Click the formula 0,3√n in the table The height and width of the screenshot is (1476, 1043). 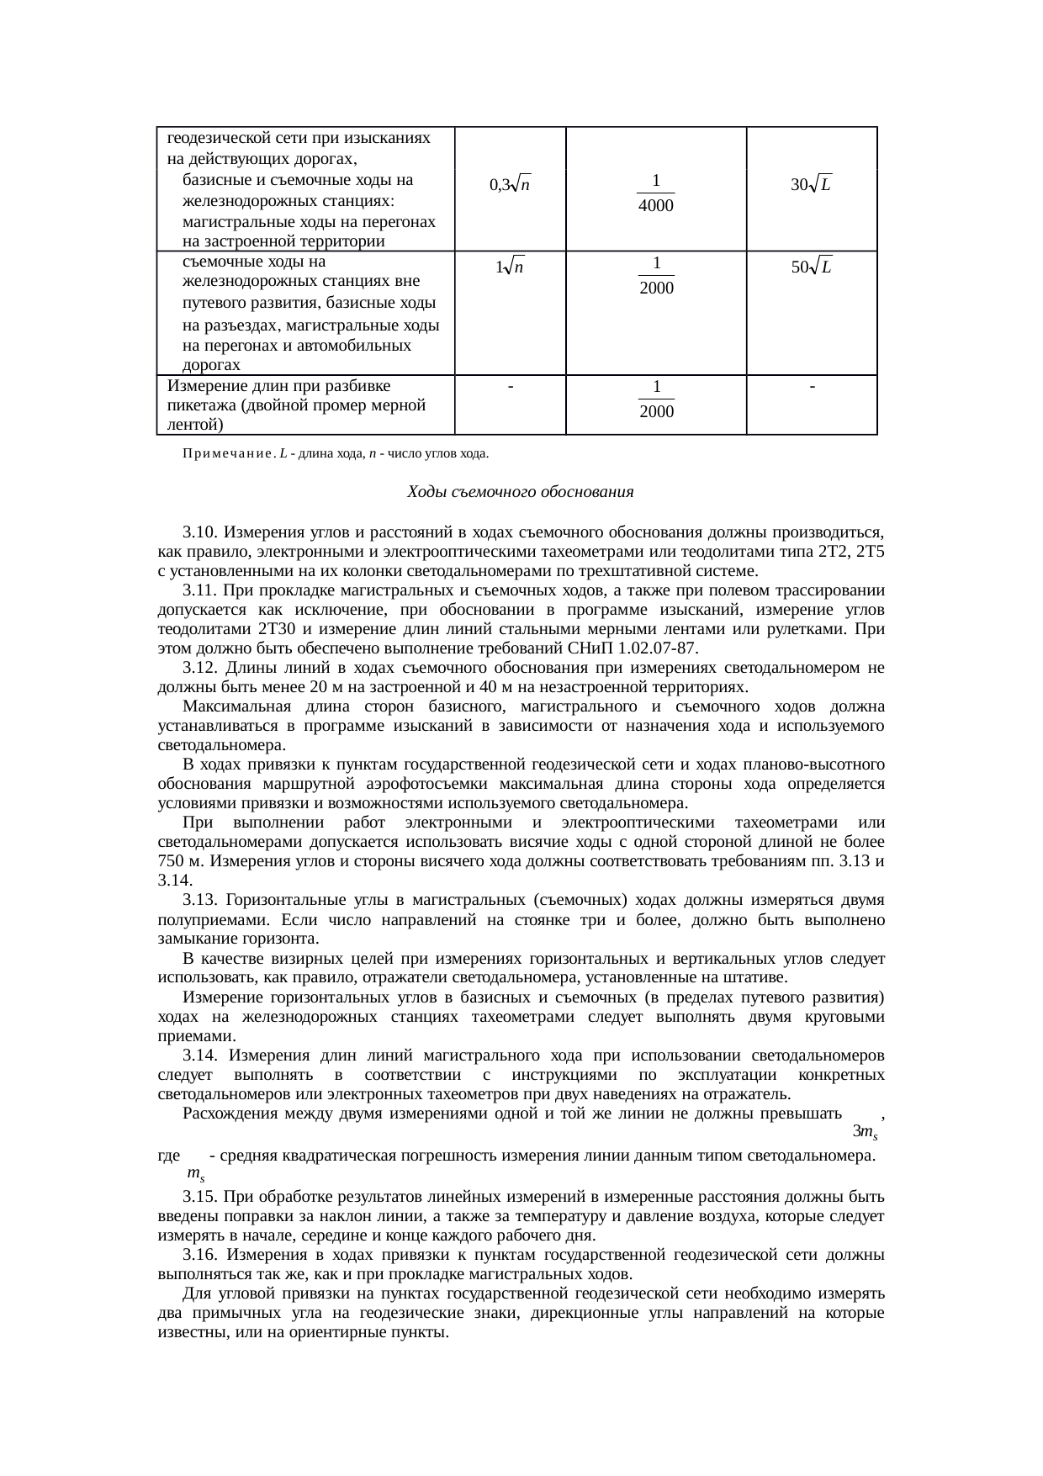coord(510,184)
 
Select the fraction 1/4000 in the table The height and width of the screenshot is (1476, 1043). coord(655,193)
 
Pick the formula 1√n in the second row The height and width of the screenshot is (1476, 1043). coord(510,267)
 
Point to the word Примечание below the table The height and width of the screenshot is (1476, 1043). coord(229,454)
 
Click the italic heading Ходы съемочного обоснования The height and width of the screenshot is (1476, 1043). coord(520,491)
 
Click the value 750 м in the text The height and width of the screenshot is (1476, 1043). coord(181,860)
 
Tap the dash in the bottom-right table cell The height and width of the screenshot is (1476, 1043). coord(811,385)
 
